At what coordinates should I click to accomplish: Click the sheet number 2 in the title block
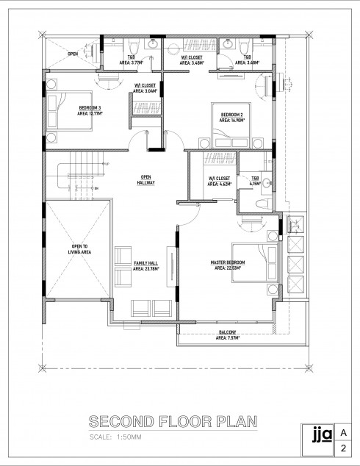pos(343,448)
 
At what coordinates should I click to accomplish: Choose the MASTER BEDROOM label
pos(227,265)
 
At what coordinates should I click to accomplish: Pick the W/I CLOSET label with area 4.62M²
pos(220,181)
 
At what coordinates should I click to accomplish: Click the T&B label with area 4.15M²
pos(255,181)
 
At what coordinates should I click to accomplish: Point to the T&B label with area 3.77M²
pos(132,60)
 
